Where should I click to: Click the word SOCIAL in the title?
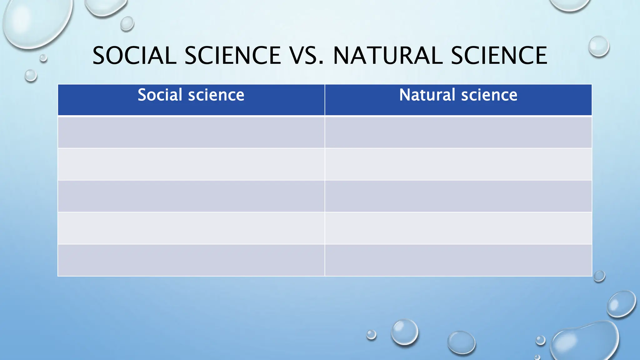point(135,56)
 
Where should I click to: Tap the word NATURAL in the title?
point(388,56)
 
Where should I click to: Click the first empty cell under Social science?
point(191,132)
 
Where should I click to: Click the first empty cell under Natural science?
point(458,132)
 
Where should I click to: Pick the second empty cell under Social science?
point(191,164)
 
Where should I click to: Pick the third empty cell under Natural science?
point(458,196)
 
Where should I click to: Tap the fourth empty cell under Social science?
point(191,228)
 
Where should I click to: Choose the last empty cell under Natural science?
point(458,260)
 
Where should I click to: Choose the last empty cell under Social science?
point(191,260)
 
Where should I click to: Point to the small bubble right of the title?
point(599,46)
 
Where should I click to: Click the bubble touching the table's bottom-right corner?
point(599,276)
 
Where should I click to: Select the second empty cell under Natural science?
point(458,164)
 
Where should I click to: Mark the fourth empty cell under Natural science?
point(458,228)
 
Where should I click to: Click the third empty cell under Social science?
point(191,196)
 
